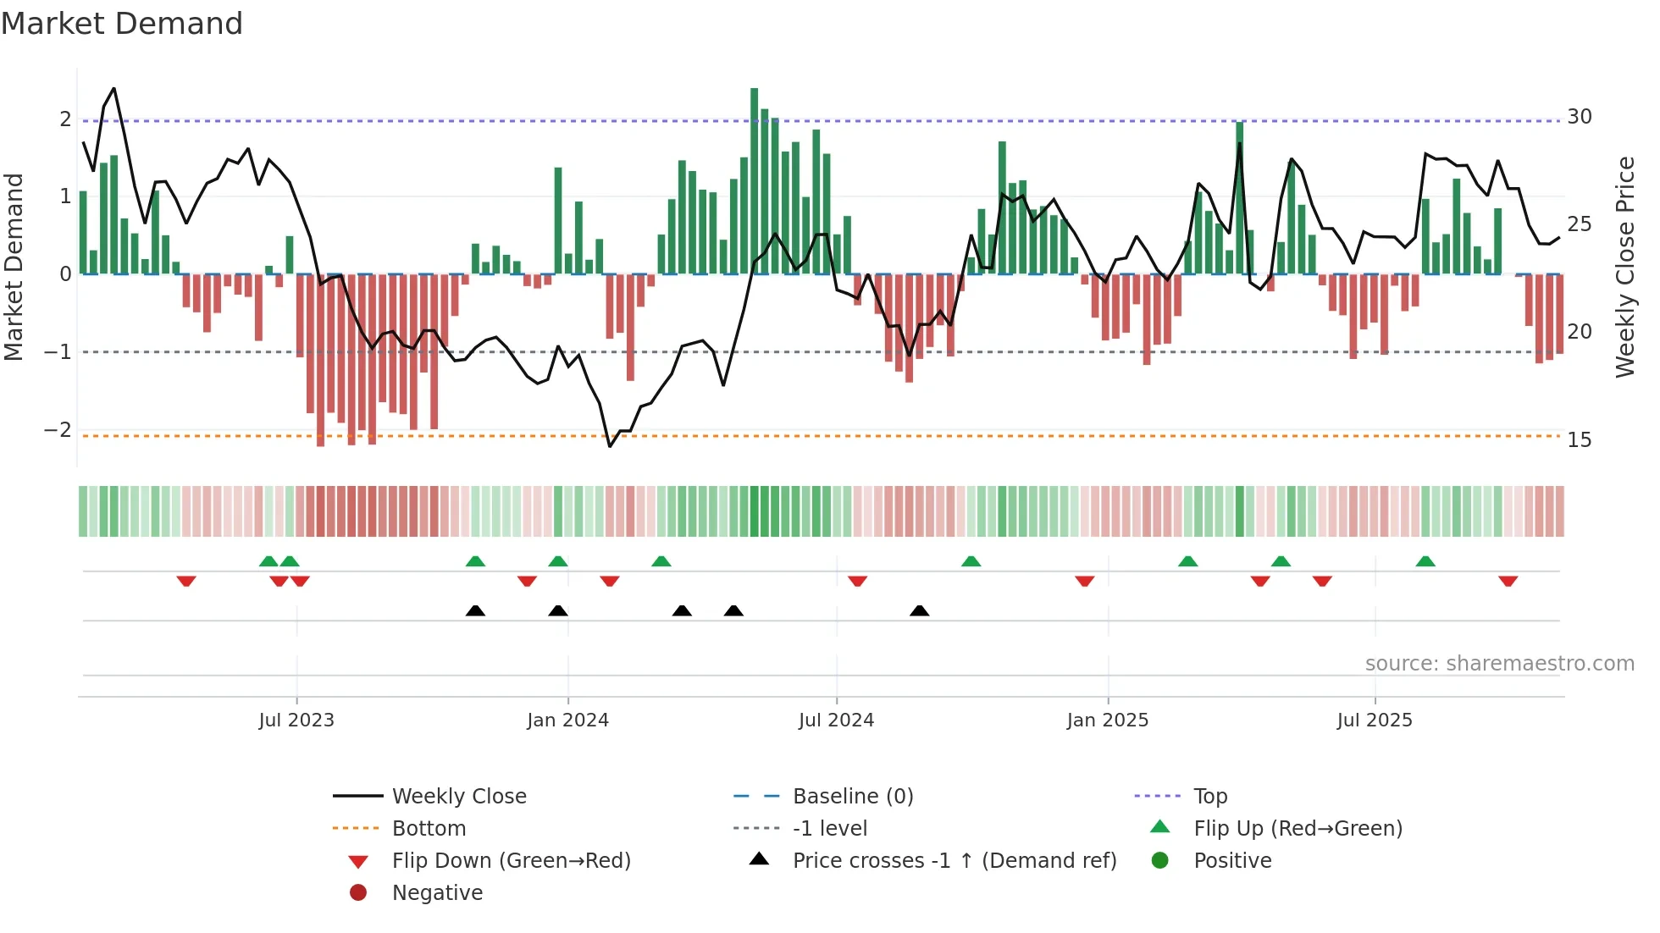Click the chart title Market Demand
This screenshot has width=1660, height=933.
point(122,24)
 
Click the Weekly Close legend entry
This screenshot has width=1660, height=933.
point(458,796)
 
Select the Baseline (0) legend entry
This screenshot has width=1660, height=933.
point(852,796)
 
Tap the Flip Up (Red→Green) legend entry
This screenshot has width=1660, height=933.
point(1298,828)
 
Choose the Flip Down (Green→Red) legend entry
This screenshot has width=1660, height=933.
point(511,860)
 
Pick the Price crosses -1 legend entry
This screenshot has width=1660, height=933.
point(954,860)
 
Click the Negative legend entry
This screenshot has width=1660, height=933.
point(437,892)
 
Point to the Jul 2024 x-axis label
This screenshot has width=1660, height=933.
point(836,720)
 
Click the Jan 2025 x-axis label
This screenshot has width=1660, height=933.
point(1107,720)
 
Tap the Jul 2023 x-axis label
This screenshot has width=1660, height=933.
point(296,720)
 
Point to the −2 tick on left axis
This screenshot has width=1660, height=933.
point(58,429)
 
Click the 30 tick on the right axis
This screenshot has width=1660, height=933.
point(1579,116)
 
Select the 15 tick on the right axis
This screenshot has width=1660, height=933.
point(1579,439)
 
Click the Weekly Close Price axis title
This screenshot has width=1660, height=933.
point(1624,267)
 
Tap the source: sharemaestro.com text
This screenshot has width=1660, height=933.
point(1499,663)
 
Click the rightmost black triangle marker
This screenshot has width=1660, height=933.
point(919,610)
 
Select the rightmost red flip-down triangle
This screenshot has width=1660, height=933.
point(1508,582)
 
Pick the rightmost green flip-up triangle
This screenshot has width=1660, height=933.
point(1425,561)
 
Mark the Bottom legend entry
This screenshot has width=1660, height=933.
point(429,828)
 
